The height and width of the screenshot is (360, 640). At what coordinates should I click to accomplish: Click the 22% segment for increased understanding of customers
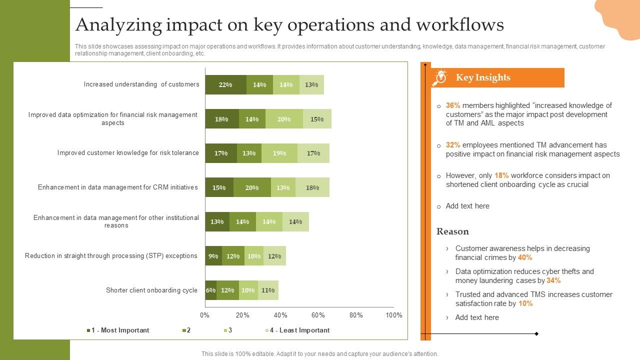pyautogui.click(x=225, y=85)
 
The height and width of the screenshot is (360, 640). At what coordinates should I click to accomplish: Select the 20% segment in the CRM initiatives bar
pyautogui.click(x=252, y=187)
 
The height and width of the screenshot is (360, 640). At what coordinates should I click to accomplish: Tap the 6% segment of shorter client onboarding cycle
pyautogui.click(x=210, y=290)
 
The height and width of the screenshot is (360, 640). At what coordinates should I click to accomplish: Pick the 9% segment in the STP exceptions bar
pyautogui.click(x=213, y=256)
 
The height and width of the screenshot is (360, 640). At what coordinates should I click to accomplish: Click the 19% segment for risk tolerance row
pyautogui.click(x=279, y=153)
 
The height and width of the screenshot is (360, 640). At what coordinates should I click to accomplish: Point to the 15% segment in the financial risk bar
pyautogui.click(x=317, y=119)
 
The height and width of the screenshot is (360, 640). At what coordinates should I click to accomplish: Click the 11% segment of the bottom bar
pyautogui.click(x=268, y=290)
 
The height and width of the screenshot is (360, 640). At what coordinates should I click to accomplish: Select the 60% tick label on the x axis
pyautogui.click(x=318, y=315)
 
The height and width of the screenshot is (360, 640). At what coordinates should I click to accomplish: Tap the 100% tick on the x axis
pyautogui.click(x=394, y=315)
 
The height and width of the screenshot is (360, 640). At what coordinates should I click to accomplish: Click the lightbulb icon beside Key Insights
pyautogui.click(x=440, y=77)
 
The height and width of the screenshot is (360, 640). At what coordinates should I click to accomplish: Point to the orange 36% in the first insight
pyautogui.click(x=453, y=105)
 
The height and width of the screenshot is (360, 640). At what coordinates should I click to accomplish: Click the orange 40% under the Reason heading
pyautogui.click(x=525, y=257)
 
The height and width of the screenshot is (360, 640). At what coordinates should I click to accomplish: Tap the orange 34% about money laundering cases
pyautogui.click(x=553, y=280)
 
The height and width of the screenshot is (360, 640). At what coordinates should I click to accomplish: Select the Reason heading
pyautogui.click(x=452, y=231)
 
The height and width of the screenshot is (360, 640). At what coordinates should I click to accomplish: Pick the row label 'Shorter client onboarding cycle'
pyautogui.click(x=151, y=290)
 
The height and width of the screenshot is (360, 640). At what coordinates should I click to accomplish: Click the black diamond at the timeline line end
pyautogui.click(x=536, y=333)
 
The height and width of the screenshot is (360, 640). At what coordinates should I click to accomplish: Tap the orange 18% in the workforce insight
pyautogui.click(x=501, y=175)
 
